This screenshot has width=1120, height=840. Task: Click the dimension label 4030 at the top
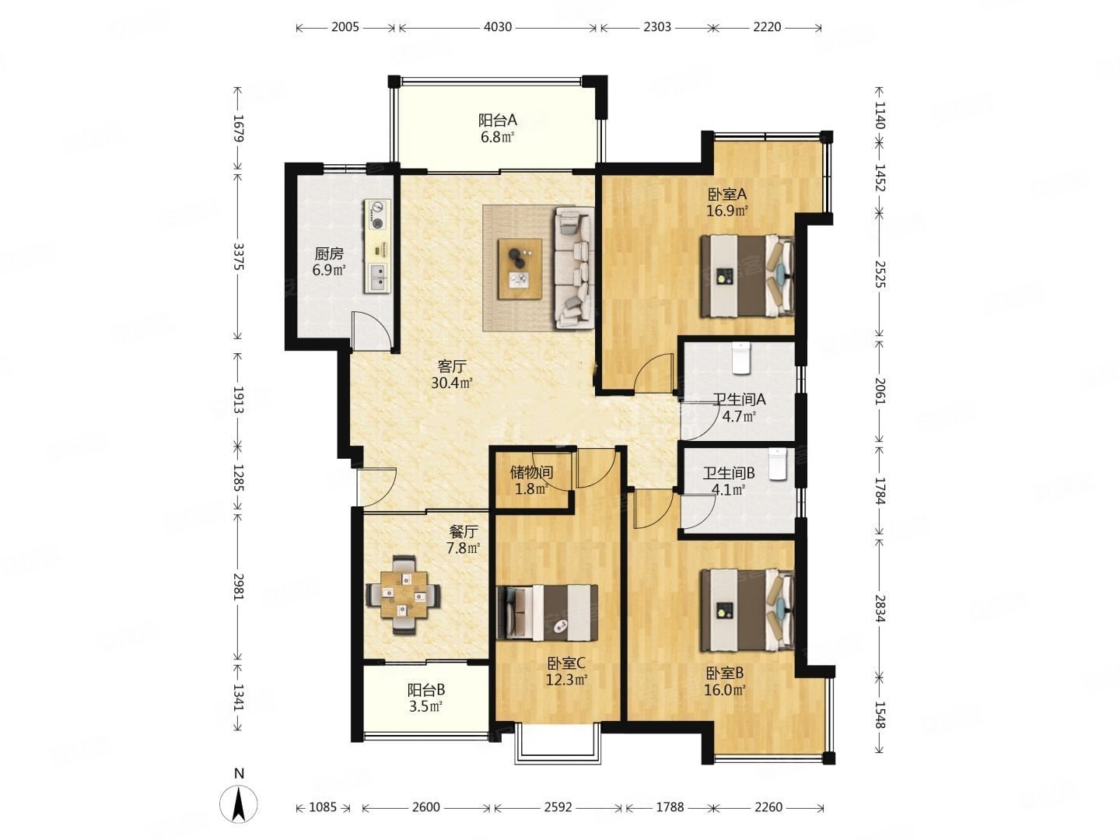coord(497,26)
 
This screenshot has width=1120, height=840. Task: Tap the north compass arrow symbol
coord(238,804)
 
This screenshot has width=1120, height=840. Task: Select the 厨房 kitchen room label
coord(328,254)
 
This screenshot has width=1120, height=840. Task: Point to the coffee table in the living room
coord(520,269)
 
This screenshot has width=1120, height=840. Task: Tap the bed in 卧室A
coord(747,275)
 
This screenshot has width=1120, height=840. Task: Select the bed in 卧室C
coord(547,612)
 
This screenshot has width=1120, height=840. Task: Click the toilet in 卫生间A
coord(741,358)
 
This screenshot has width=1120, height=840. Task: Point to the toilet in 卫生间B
coord(776,464)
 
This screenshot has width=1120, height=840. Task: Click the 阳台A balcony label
coord(497,121)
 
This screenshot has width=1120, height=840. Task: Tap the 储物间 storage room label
coord(532,472)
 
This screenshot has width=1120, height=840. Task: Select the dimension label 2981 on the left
coord(238,586)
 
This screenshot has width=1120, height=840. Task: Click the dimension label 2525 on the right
coord(880,274)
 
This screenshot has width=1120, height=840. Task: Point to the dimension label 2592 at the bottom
coord(558,807)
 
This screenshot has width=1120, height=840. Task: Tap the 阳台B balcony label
coord(425,690)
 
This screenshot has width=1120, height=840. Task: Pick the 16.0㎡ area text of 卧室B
coord(725,690)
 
